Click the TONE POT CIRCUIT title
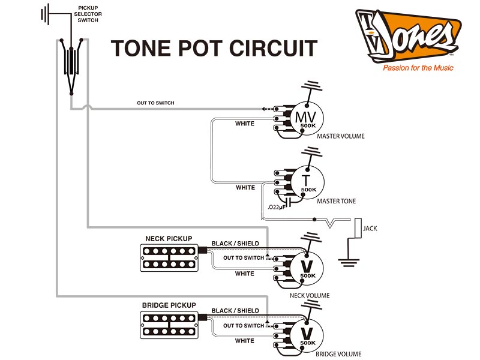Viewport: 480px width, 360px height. click(214, 49)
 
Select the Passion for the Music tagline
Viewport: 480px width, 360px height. click(418, 68)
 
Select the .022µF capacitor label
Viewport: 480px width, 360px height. click(277, 207)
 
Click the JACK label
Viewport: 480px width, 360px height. click(370, 229)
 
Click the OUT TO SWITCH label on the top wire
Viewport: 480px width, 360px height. click(155, 103)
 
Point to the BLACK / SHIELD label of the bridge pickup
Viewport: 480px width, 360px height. click(235, 311)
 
